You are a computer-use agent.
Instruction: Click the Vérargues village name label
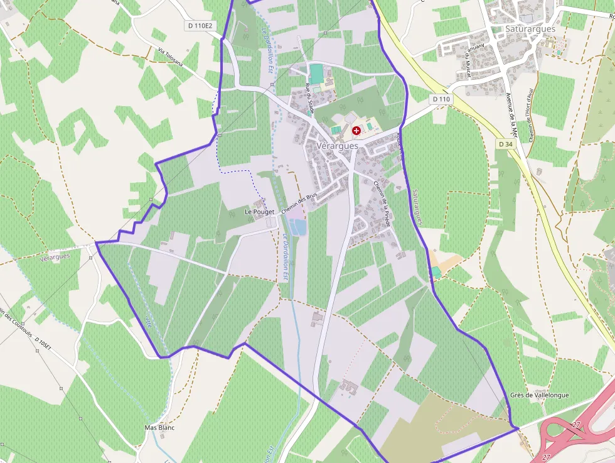[338, 146]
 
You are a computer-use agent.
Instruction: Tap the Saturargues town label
[530, 29]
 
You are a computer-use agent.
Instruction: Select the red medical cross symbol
[356, 131]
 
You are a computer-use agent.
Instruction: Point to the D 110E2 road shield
[200, 26]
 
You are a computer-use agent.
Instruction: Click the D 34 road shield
[505, 144]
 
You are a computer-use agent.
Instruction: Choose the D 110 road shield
[441, 99]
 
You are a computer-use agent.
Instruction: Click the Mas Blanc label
[159, 428]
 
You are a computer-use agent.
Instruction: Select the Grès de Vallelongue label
[540, 395]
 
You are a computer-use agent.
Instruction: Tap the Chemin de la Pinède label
[383, 204]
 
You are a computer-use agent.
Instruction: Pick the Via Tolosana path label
[170, 57]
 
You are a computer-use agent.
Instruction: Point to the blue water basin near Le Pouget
[298, 226]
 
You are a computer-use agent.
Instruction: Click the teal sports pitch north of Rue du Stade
[316, 74]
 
